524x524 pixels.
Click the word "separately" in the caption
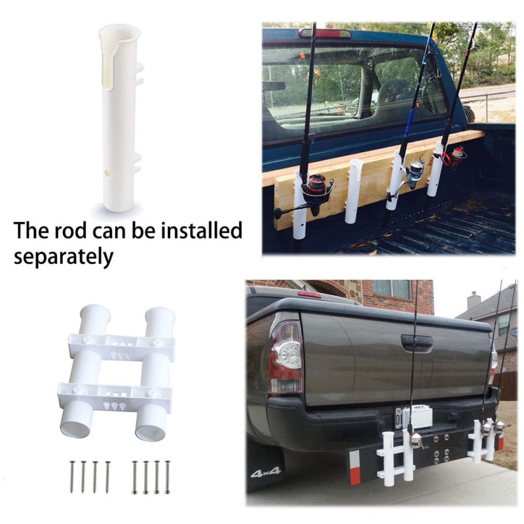[64, 257]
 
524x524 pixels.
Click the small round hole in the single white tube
[107, 173]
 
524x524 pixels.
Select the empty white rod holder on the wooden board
[354, 191]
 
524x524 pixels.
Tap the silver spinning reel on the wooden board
[415, 172]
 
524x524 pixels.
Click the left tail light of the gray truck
[286, 356]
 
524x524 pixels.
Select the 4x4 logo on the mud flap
[265, 472]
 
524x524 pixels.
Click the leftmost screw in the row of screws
[72, 477]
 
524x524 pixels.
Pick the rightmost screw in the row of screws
[168, 477]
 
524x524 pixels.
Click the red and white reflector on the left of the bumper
[354, 467]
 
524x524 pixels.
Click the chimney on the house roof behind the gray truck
[474, 301]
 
